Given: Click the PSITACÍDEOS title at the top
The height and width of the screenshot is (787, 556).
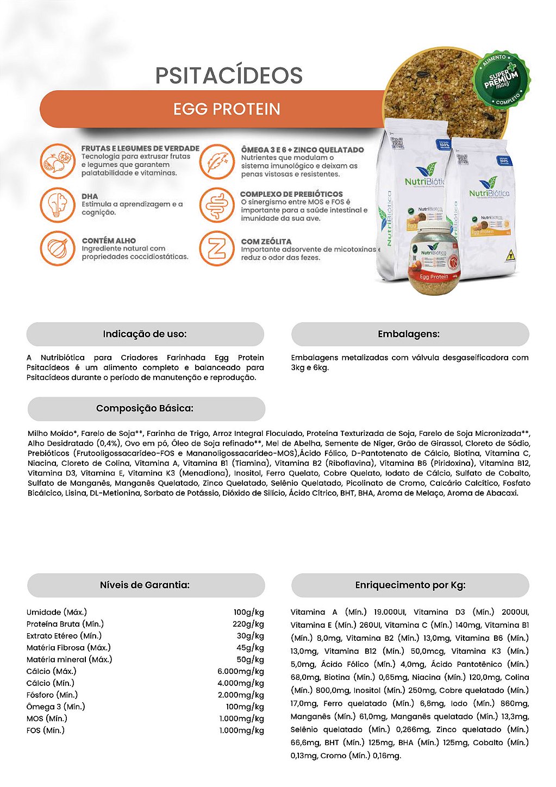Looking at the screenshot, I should (x=229, y=76).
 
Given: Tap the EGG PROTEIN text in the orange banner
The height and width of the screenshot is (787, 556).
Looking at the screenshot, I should (x=227, y=109).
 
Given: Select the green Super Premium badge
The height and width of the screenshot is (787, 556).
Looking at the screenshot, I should (x=501, y=79).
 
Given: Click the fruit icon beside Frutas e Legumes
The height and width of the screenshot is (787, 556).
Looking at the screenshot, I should (x=58, y=161).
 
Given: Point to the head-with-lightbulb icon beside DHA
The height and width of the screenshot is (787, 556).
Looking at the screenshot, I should (x=58, y=204).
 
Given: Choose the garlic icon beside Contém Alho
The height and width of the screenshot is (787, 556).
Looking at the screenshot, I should (x=58, y=248).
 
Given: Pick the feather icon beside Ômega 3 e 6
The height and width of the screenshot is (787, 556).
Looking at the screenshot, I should (x=217, y=161).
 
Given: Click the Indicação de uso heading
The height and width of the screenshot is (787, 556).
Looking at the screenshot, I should (x=145, y=334).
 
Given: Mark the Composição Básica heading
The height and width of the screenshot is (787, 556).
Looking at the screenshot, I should (x=145, y=408).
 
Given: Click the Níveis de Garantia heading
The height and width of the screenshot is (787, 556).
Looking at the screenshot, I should (x=145, y=585).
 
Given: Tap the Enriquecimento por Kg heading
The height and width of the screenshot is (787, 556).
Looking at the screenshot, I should (x=410, y=585).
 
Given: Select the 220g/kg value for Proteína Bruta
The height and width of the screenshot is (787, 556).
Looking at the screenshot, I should (x=248, y=624).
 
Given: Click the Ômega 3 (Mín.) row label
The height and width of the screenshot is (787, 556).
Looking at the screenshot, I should (x=56, y=707).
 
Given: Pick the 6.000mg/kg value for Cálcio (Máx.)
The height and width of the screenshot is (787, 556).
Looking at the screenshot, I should (x=241, y=671).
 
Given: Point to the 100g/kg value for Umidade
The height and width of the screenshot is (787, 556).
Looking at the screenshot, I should (x=249, y=612).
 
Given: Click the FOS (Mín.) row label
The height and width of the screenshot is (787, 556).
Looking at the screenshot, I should (x=46, y=730).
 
